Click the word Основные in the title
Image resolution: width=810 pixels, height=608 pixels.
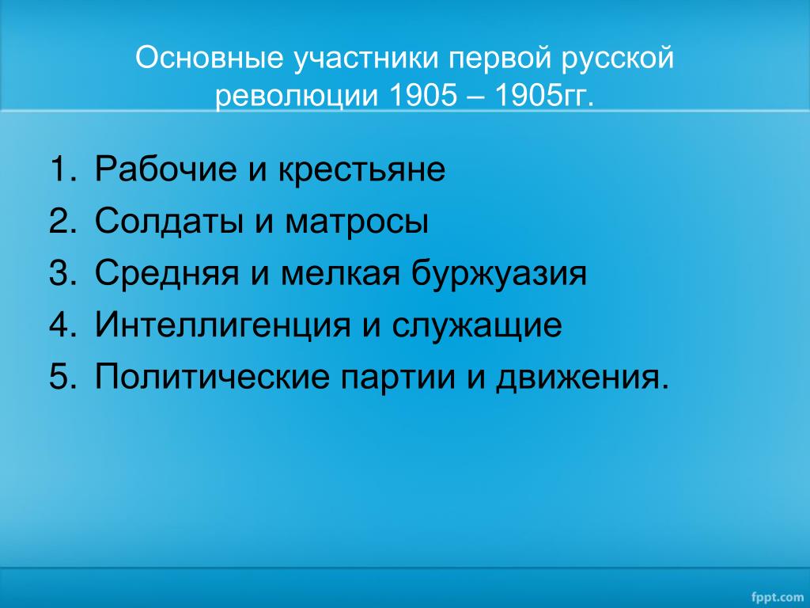(x=209, y=58)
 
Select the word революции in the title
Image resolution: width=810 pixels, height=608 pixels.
(x=297, y=96)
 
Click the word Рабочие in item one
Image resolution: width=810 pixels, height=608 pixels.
(x=165, y=169)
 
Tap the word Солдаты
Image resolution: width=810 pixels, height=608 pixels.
(x=168, y=222)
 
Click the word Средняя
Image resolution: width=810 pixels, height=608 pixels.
(x=167, y=274)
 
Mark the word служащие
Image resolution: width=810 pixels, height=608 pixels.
(x=477, y=325)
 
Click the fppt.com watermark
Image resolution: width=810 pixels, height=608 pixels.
(x=778, y=597)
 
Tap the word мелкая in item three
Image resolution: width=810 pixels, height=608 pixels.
(x=340, y=274)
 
